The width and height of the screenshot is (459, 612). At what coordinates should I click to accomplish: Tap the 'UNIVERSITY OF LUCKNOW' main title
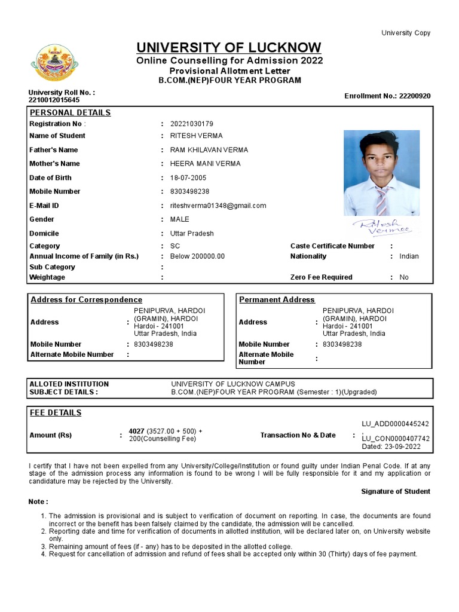pos(229,47)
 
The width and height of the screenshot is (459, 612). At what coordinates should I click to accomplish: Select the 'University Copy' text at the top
pos(406,33)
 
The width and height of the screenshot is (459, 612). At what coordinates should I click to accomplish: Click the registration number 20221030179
pos(191,124)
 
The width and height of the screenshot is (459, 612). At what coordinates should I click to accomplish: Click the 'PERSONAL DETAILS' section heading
pos(70,112)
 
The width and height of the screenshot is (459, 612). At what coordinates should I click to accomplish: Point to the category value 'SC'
pos(175,246)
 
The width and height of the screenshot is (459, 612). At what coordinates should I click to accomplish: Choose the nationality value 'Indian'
pos(409,256)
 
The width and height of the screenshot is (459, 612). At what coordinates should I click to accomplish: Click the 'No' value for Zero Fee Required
pos(404,277)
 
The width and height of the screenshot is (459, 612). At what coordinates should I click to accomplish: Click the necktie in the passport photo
pos(382,200)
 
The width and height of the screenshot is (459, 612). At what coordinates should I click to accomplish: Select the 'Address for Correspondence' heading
pos(86,299)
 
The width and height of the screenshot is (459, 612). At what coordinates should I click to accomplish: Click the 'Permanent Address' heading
pos(277,299)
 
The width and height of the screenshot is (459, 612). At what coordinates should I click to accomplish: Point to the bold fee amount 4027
pos(136,431)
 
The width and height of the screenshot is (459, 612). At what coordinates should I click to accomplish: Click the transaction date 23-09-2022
pos(402,446)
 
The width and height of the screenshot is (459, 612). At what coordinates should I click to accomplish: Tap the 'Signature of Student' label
pos(395,491)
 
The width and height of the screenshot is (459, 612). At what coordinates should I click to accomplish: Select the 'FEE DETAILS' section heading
pos(56,413)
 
